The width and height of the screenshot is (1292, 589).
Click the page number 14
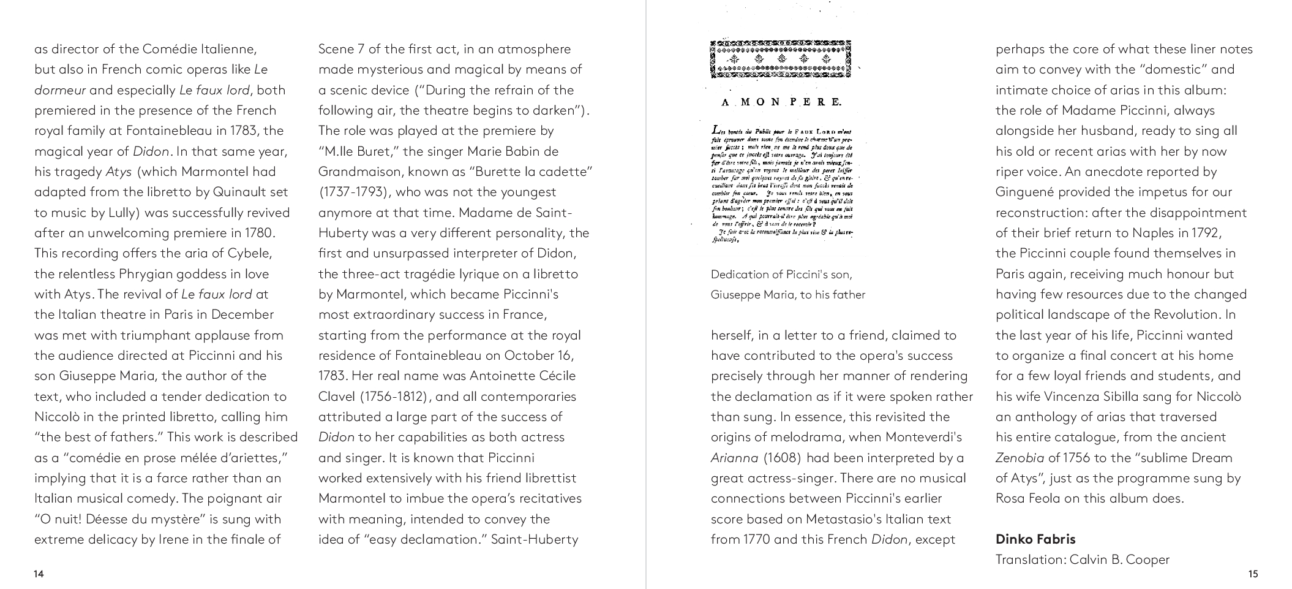[39, 574]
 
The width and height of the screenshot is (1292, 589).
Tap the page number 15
[1253, 574]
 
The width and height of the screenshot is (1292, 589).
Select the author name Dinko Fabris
[1035, 539]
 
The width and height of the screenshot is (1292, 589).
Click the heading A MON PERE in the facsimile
[781, 102]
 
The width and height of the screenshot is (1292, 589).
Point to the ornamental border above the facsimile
[781, 59]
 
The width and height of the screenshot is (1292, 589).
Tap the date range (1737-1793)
[354, 192]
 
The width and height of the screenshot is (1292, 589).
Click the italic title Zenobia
[1020, 458]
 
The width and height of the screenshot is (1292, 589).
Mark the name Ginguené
[1025, 192]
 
